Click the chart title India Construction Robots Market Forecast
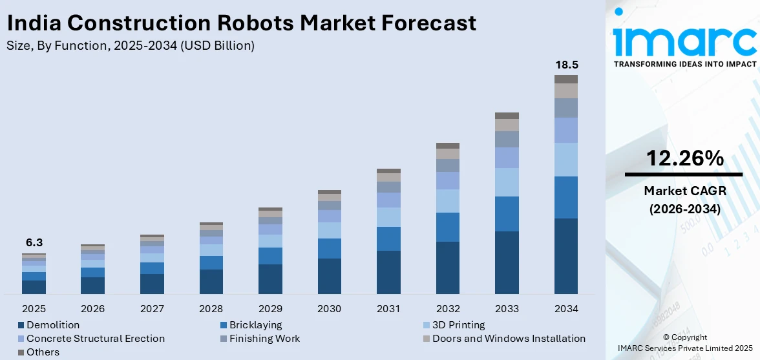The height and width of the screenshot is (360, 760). (x=241, y=23)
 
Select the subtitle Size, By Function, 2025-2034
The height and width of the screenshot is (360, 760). (x=130, y=45)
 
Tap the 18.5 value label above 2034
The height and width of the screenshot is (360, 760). (x=565, y=65)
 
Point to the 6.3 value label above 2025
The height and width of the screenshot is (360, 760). (x=34, y=242)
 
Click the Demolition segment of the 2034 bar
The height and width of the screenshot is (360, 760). (x=565, y=256)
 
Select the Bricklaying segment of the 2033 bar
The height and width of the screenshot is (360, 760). (x=507, y=214)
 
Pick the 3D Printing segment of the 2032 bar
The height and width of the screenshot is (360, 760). (x=447, y=201)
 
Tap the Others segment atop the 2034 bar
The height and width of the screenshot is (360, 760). (x=565, y=79)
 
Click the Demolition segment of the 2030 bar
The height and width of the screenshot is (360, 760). (x=329, y=276)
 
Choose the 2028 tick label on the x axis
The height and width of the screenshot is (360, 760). (x=211, y=308)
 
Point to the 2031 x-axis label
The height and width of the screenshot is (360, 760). (x=388, y=308)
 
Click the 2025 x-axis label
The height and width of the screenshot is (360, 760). (x=34, y=308)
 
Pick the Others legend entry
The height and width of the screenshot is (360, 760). (x=43, y=352)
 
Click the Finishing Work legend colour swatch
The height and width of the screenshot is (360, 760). (x=224, y=339)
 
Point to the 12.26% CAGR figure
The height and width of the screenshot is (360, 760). (x=684, y=158)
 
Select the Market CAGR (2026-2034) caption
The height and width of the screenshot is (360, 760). (x=684, y=200)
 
